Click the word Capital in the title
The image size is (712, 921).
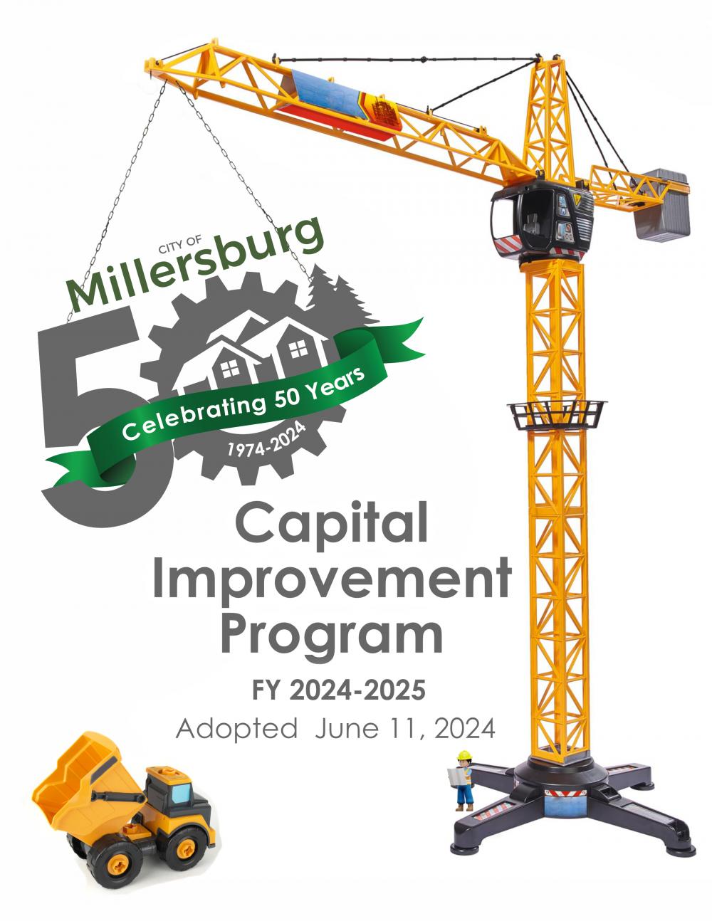point(331,525)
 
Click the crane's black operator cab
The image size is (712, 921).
point(543,222)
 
